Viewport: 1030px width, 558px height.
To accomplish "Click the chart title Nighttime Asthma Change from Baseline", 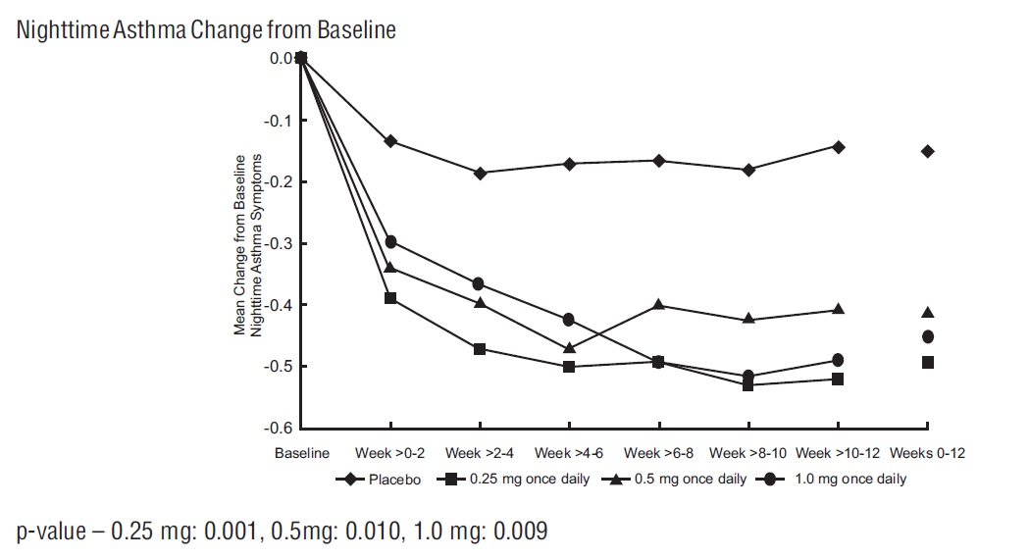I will click(x=207, y=30).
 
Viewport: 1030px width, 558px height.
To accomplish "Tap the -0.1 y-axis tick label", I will click(x=281, y=121).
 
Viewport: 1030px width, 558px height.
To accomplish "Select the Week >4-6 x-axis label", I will click(x=569, y=453).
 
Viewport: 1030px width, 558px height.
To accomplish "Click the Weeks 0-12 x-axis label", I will click(x=927, y=453).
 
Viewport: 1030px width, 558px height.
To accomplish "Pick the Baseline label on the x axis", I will click(x=301, y=453).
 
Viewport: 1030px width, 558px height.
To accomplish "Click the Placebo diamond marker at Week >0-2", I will click(x=390, y=141).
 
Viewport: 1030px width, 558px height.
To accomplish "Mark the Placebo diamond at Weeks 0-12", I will click(x=928, y=151).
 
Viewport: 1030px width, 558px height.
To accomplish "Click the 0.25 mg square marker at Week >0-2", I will click(x=390, y=298).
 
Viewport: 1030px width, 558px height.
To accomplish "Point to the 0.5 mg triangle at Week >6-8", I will click(x=659, y=305).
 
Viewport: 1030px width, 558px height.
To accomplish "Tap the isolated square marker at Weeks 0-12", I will click(x=928, y=362).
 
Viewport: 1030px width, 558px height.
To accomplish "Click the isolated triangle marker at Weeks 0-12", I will click(x=928, y=313).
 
